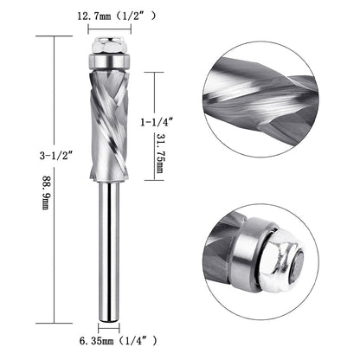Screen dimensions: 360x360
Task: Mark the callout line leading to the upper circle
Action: pos(164,75)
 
